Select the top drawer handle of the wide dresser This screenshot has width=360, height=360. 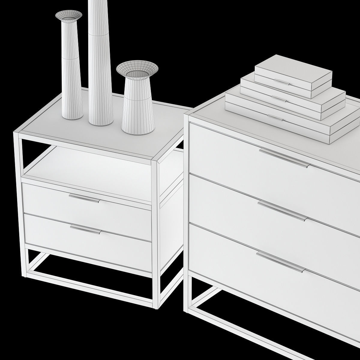(283, 158)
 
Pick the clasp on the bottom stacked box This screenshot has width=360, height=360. (275, 117)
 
